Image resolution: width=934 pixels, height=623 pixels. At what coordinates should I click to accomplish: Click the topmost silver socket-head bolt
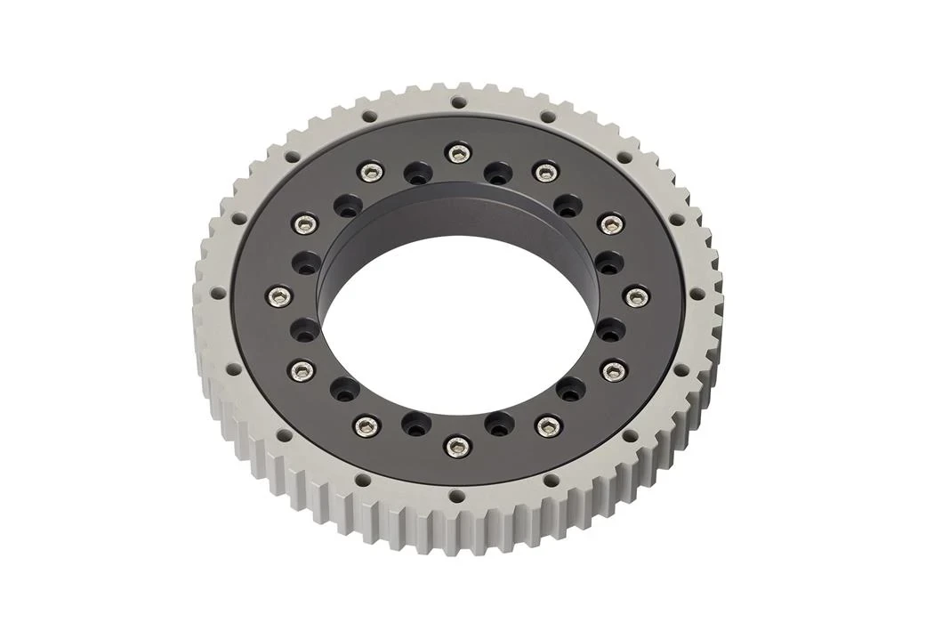pyautogui.click(x=457, y=153)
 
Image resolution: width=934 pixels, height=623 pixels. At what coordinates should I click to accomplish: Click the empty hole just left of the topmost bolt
pyautogui.click(x=415, y=173)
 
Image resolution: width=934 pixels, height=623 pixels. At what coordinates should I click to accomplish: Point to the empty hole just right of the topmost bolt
pyautogui.click(x=499, y=172)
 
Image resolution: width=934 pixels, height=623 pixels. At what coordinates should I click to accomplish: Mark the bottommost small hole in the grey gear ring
pyautogui.click(x=456, y=495)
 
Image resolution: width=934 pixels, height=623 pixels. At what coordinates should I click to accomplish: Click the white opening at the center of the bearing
pyautogui.click(x=458, y=320)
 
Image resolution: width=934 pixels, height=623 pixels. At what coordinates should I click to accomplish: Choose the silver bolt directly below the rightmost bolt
pyautogui.click(x=610, y=368)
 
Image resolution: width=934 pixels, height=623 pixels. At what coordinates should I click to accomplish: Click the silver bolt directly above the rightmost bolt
pyautogui.click(x=609, y=223)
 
